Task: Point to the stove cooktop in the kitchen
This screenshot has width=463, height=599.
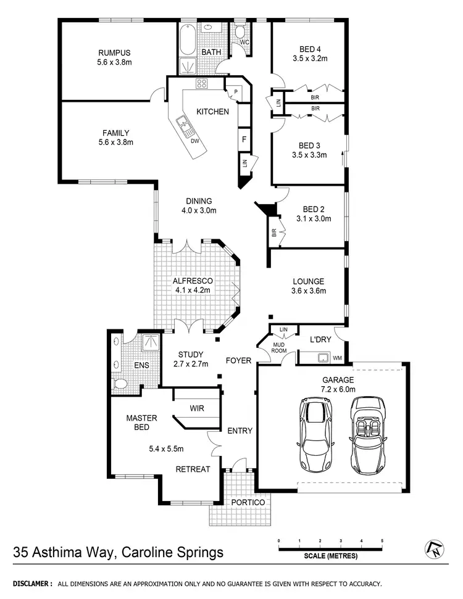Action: point(202,83)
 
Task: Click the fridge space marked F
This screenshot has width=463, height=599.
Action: point(244,139)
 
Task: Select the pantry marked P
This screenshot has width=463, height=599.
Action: point(235,92)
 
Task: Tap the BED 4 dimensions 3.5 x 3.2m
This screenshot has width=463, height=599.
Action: point(309,59)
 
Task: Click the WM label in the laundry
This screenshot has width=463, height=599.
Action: point(336,358)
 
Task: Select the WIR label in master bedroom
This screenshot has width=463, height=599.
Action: point(197,408)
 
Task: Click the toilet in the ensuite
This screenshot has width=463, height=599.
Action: point(121,384)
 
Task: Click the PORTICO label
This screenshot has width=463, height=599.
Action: point(248,503)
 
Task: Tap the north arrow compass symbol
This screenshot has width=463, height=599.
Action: point(434,548)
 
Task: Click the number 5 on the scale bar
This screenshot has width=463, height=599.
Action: point(382,540)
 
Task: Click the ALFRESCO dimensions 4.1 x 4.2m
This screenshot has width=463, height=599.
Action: point(193,290)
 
